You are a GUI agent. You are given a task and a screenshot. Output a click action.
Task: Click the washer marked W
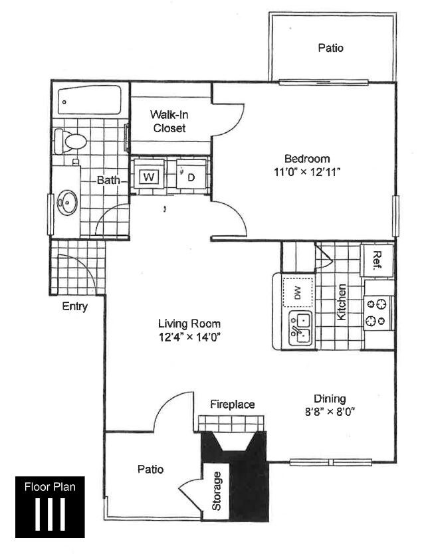tap(149, 177)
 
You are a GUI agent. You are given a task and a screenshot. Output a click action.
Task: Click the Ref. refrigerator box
tap(377, 259)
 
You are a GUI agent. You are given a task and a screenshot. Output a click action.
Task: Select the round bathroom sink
tap(66, 201)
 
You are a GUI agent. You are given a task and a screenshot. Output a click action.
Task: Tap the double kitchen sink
tap(299, 329)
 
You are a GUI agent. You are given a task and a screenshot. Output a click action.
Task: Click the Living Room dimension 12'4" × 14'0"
tap(189, 337)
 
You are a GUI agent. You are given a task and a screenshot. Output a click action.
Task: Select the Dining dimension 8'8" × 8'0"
tap(330, 411)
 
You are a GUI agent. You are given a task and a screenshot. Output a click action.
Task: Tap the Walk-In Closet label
tap(169, 121)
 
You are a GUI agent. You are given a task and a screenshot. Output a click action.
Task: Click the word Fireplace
tap(233, 404)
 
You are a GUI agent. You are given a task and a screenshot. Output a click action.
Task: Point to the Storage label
tap(217, 490)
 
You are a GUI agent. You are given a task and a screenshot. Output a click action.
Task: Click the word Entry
tap(74, 306)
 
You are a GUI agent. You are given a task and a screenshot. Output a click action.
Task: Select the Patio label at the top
tap(330, 48)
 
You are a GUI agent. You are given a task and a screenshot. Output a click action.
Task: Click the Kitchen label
tap(342, 303)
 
